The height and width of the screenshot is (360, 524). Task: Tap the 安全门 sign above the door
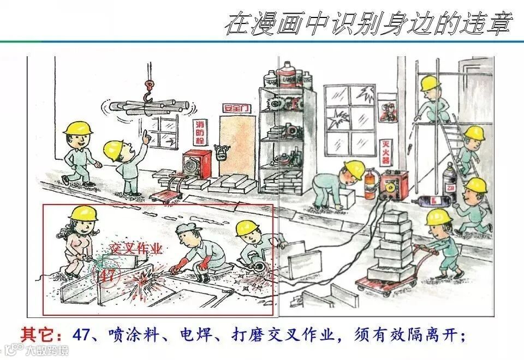pos(236,107)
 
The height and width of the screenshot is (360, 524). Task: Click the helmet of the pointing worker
pos(114,148)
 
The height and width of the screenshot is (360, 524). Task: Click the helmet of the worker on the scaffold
pos(430,83)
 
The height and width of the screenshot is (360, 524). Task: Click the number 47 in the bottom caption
pos(80,334)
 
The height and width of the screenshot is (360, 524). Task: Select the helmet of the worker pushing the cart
pos(438,217)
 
